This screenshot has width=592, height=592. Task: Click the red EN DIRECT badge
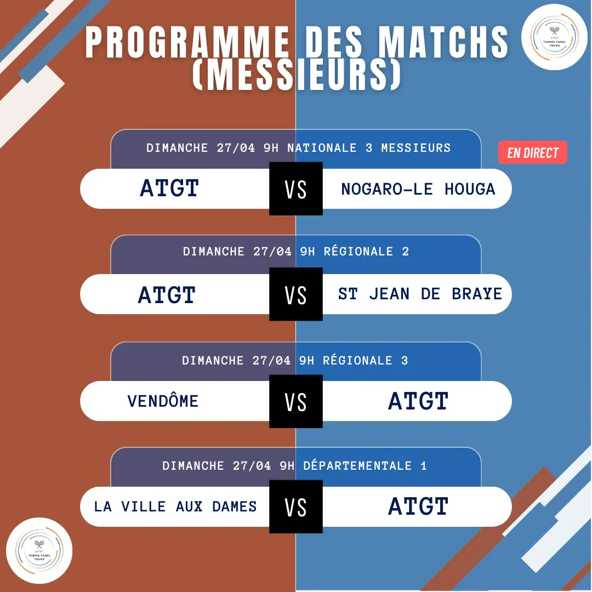pyautogui.click(x=532, y=152)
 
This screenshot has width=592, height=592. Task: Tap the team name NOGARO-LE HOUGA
pyautogui.click(x=418, y=189)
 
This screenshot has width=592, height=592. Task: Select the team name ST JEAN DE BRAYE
pyautogui.click(x=420, y=294)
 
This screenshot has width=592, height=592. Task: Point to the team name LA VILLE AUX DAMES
pyautogui.click(x=175, y=506)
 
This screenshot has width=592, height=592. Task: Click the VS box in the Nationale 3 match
pyautogui.click(x=295, y=189)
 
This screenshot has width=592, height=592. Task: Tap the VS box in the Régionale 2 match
pyautogui.click(x=295, y=294)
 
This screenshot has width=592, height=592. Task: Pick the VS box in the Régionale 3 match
pyautogui.click(x=295, y=401)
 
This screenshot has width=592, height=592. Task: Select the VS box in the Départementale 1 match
pyautogui.click(x=295, y=506)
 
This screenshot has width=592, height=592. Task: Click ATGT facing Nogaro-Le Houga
pyautogui.click(x=169, y=187)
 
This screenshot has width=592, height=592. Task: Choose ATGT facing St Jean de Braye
pyautogui.click(x=167, y=294)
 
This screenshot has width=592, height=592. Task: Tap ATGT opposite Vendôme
pyautogui.click(x=418, y=401)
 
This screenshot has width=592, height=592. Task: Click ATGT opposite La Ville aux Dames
pyautogui.click(x=418, y=506)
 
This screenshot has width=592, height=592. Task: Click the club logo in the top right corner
pyautogui.click(x=554, y=37)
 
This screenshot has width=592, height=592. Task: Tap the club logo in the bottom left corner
pyautogui.click(x=39, y=550)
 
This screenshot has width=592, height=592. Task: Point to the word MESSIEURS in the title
pyautogui.click(x=297, y=75)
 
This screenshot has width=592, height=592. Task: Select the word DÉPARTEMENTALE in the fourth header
pyautogui.click(x=357, y=465)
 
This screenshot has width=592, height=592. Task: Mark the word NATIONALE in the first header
pyautogui.click(x=322, y=147)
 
